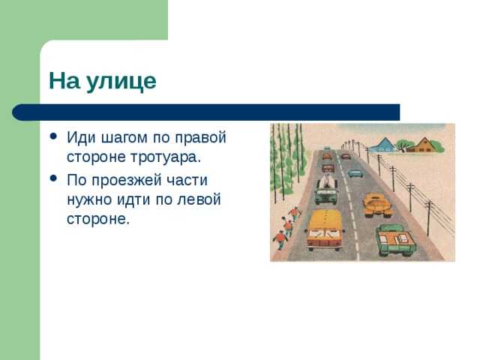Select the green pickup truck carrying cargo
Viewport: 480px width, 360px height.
395,238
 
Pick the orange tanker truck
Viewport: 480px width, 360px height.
376,203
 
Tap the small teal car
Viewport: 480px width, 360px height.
355,172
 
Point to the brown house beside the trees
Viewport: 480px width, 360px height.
424,144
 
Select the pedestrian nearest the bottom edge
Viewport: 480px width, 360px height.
280,240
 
